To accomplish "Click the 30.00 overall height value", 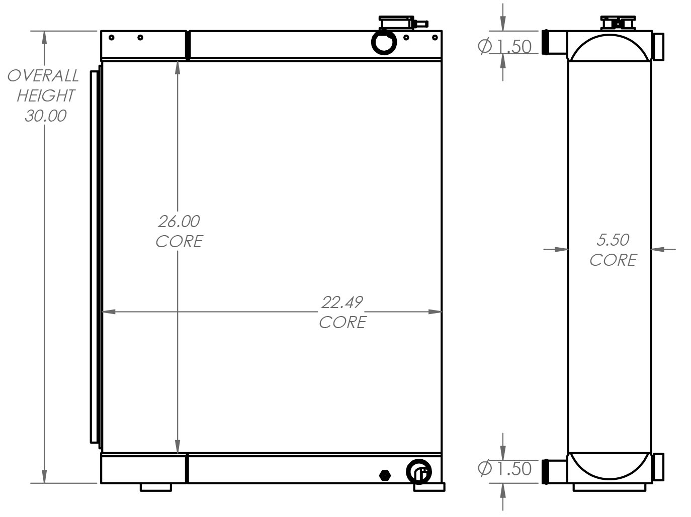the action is click(46, 116).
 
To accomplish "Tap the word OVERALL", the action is click(43, 76).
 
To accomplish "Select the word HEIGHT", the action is click(46, 95).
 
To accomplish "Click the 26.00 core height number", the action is click(179, 222).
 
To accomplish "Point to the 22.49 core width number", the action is click(342, 302).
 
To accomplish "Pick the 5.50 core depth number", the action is click(613, 240).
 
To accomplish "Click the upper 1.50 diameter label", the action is click(504, 47).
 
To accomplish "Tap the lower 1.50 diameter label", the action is click(504, 469).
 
